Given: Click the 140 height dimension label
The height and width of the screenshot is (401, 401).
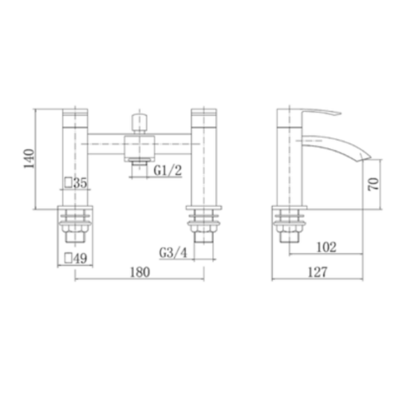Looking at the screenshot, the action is coord(29,158).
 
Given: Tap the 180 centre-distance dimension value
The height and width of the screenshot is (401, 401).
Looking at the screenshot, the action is coord(140,272).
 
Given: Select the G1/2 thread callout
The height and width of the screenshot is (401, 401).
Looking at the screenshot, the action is coord(168,170).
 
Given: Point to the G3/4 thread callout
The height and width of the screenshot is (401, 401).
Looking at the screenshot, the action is coord(173,253).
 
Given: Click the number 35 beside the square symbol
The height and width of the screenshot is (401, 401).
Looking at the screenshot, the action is coord(80,183).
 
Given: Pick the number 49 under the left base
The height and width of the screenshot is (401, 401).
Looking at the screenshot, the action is coord(80,258).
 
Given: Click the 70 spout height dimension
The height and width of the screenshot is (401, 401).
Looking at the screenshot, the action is coord(373,184).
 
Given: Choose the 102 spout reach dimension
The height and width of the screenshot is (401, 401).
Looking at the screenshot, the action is coord(327,247).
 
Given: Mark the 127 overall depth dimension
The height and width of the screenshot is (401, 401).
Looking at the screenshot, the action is coord(317,272).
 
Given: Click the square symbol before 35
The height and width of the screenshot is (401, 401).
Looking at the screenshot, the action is coord(68,182).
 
